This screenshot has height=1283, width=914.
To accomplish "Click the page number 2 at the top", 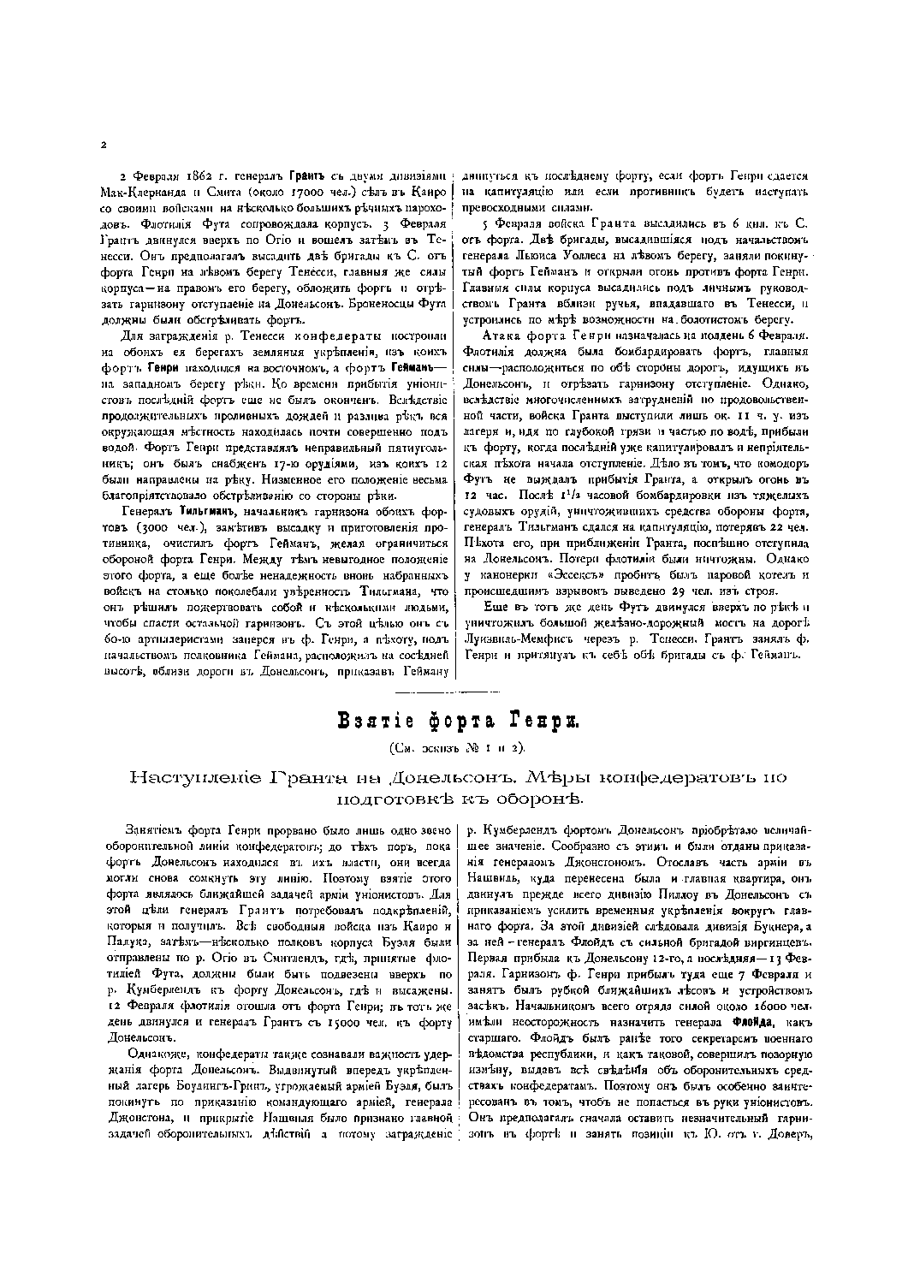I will click(x=103, y=146).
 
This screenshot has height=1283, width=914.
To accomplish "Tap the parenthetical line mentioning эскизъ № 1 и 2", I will click(x=456, y=747).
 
